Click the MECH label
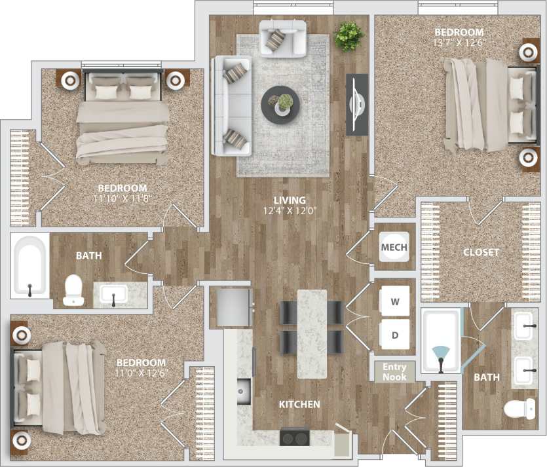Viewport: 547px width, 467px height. tap(394, 247)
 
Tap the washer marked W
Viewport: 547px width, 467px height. tap(394, 302)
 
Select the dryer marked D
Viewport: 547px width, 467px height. tap(394, 335)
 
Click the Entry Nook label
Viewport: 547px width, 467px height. tap(394, 372)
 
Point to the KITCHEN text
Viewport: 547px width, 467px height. tap(299, 405)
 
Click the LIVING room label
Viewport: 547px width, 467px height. tap(290, 200)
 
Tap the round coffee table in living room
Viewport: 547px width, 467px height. tap(281, 104)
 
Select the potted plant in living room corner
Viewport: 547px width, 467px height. tap(349, 37)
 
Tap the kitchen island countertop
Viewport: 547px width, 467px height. tap(311, 333)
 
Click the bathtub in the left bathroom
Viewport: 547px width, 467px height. tap(30, 266)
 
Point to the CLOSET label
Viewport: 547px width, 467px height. tap(481, 252)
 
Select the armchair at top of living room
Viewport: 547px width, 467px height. tap(283, 37)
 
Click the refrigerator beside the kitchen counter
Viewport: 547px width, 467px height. tap(232, 308)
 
